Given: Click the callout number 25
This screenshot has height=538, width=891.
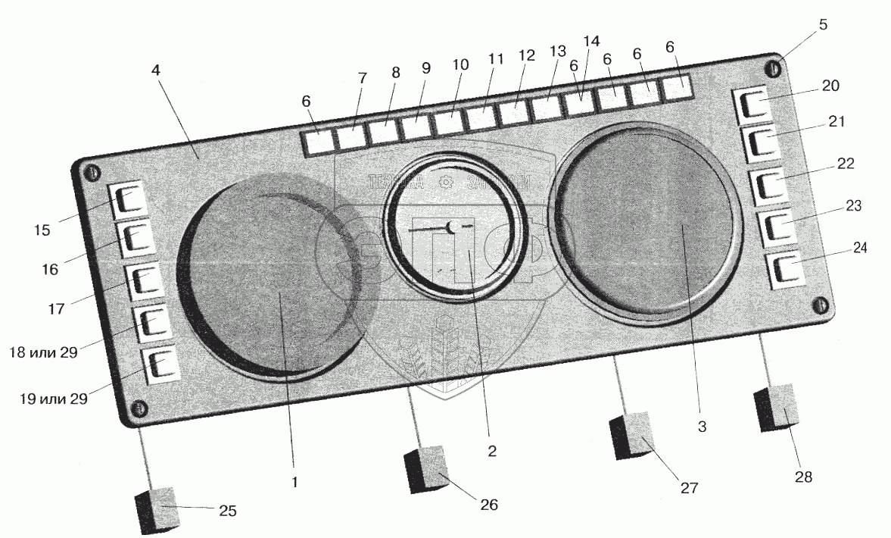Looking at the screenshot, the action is point(226,511).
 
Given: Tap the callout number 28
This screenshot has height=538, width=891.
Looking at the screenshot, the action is point(803,477).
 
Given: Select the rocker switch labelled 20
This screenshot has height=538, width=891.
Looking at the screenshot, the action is point(752,105).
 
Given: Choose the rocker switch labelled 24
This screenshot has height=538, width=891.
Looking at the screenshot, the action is point(786,270).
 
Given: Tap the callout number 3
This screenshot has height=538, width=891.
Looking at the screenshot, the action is point(702,427).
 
